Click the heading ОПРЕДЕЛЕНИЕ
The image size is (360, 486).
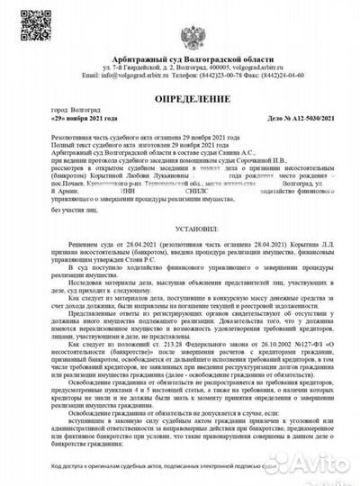tap(180, 103)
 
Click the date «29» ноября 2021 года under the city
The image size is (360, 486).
tap(85, 130)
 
